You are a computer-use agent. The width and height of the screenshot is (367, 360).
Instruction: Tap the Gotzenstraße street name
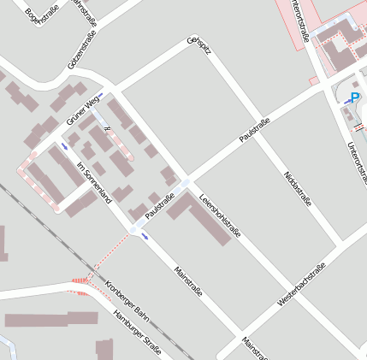[82, 49]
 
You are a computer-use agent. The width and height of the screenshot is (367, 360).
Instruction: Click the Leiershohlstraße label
[219, 218]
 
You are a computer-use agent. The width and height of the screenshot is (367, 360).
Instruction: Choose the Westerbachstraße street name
[302, 285]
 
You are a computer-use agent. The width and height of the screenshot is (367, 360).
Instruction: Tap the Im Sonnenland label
[94, 182]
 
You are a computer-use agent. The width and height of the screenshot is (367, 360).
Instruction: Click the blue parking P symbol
[355, 97]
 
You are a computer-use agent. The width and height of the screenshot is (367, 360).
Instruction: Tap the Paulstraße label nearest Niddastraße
[255, 131]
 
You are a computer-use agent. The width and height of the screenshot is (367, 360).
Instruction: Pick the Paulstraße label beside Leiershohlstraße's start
[160, 206]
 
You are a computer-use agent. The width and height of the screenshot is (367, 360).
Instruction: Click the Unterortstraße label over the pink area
[299, 21]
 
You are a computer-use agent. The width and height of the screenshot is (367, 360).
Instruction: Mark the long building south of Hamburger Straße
[47, 321]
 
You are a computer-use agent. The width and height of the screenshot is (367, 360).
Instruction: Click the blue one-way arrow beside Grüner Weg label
[99, 95]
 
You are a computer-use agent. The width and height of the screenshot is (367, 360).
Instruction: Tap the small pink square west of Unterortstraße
[314, 81]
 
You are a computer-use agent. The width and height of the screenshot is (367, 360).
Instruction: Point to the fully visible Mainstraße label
[188, 281]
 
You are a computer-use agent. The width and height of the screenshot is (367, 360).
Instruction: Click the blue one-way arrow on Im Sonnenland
[65, 149]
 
